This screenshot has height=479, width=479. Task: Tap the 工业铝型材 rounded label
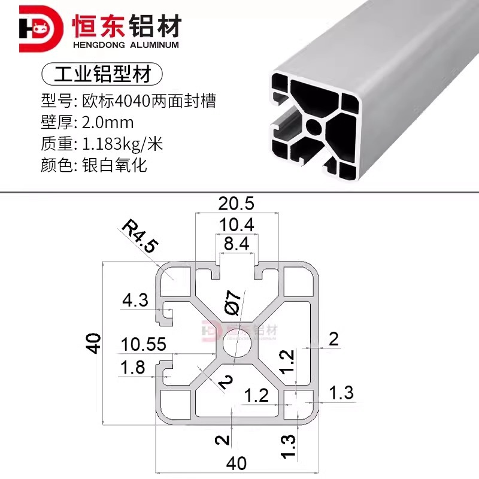coord(102,74)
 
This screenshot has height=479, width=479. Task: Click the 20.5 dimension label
coord(236,204)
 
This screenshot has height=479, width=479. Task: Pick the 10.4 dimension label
coord(236,225)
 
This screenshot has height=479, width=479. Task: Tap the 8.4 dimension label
coord(236,244)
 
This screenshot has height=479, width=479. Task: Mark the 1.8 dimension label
coord(132,366)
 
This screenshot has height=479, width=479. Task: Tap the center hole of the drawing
coord(235,346)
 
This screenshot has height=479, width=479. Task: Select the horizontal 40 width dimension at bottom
coord(236,463)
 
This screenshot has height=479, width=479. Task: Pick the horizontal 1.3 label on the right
coord(341,393)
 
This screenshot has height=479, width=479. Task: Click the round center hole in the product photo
coord(314,126)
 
